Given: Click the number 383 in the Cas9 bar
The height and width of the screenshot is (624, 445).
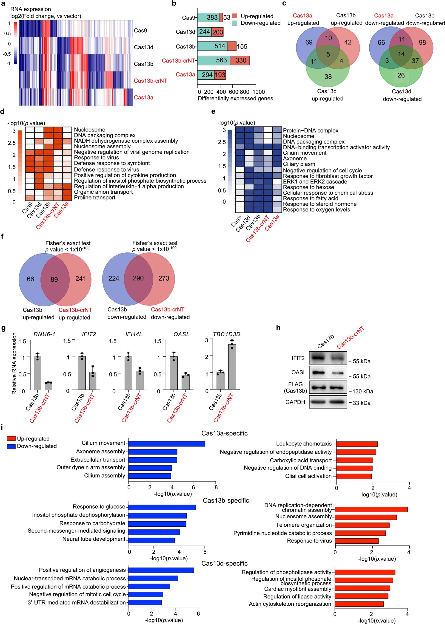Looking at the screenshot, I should click(212, 18).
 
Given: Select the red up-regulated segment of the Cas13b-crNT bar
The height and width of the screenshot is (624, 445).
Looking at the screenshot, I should click(240, 60).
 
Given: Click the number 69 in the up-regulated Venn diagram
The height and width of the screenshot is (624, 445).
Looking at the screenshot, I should click(309, 42).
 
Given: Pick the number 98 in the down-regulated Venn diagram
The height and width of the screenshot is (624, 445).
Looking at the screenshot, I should click(422, 42).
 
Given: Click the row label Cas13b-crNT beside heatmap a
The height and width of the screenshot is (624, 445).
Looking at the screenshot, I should click(150, 81).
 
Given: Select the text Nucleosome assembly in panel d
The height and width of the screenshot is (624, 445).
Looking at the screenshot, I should click(102, 147).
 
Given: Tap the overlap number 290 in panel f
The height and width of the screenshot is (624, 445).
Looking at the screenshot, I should click(138, 278).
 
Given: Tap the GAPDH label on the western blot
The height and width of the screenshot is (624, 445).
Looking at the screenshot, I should click(295, 402).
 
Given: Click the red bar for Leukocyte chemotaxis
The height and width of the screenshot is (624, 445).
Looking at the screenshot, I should click(357, 444).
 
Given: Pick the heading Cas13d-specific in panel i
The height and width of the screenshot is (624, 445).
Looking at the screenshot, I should click(224, 564).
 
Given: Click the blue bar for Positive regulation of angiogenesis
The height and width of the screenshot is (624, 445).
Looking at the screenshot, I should click(161, 570).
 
